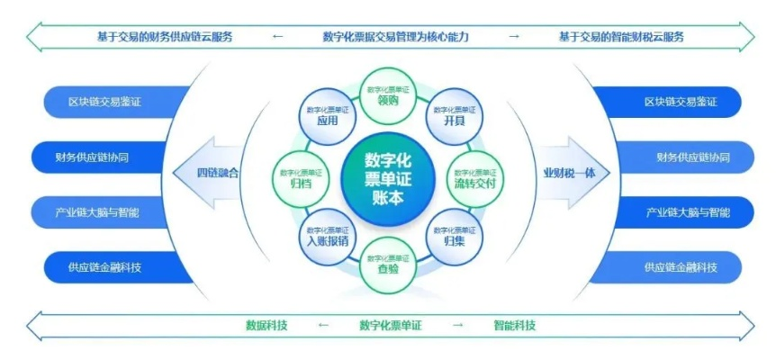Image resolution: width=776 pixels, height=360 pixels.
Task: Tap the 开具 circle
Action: (455, 116)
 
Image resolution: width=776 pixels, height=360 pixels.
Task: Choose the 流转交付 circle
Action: (475, 178)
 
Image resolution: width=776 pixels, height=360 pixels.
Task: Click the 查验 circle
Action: (387, 264)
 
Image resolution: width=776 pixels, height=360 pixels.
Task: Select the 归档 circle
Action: (301, 178)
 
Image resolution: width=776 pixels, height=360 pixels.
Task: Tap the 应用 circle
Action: (327, 116)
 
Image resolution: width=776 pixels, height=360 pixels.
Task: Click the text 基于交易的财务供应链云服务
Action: (165, 37)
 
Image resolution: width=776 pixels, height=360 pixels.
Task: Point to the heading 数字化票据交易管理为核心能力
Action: (395, 37)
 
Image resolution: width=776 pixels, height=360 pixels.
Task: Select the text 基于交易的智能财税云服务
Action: (621, 37)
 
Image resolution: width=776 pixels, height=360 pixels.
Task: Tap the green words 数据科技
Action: (266, 326)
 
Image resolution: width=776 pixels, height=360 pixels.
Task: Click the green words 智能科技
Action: (514, 326)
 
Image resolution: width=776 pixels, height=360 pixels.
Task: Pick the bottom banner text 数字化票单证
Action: (391, 326)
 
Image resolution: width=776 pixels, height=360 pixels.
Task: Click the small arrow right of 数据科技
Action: (324, 326)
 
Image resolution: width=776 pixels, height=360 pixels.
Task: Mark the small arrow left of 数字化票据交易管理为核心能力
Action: (277, 37)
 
